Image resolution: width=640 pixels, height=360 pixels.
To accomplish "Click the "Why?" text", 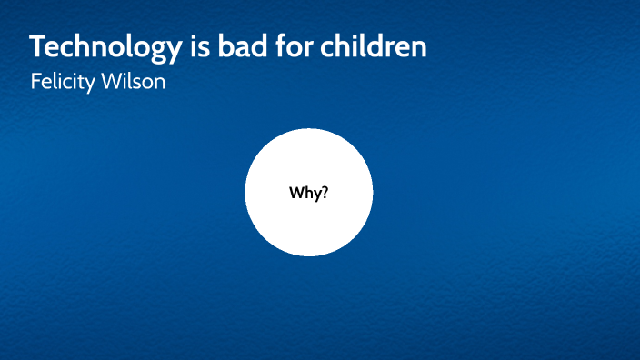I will tap(308, 193).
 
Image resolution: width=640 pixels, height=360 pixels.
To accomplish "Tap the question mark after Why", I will tap(324, 193).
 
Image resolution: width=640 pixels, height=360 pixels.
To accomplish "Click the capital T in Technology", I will tap(37, 47).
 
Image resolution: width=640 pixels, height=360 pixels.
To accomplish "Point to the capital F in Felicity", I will tap(35, 82).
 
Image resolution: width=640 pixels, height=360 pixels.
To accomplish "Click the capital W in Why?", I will tap(296, 193).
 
